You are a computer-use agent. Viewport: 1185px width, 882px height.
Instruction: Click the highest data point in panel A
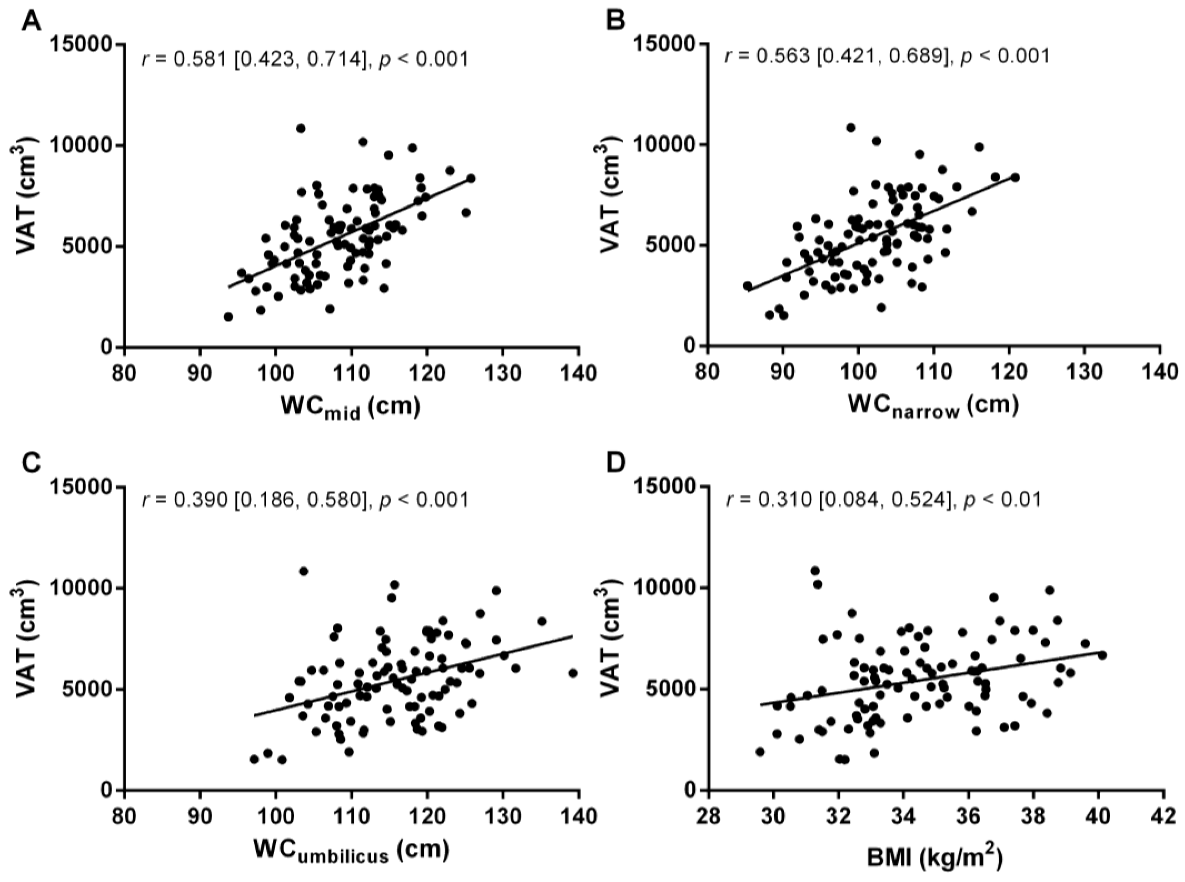click(301, 129)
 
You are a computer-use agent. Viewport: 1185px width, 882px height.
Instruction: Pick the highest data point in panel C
click(303, 571)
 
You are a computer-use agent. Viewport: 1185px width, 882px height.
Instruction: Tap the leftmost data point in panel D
click(760, 752)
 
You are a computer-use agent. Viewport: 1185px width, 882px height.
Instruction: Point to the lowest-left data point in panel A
click(228, 317)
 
